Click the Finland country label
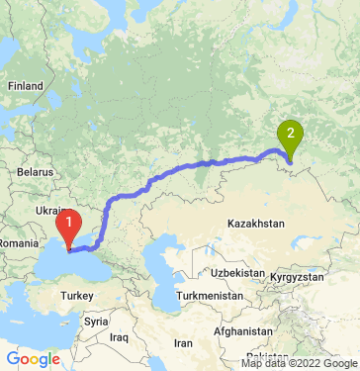[x=25, y=86]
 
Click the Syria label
[x=96, y=322]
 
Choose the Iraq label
[x=120, y=337]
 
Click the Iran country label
[x=183, y=342]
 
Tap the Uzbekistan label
[x=236, y=272]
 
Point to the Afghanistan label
[x=245, y=330]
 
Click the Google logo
[x=33, y=358]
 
